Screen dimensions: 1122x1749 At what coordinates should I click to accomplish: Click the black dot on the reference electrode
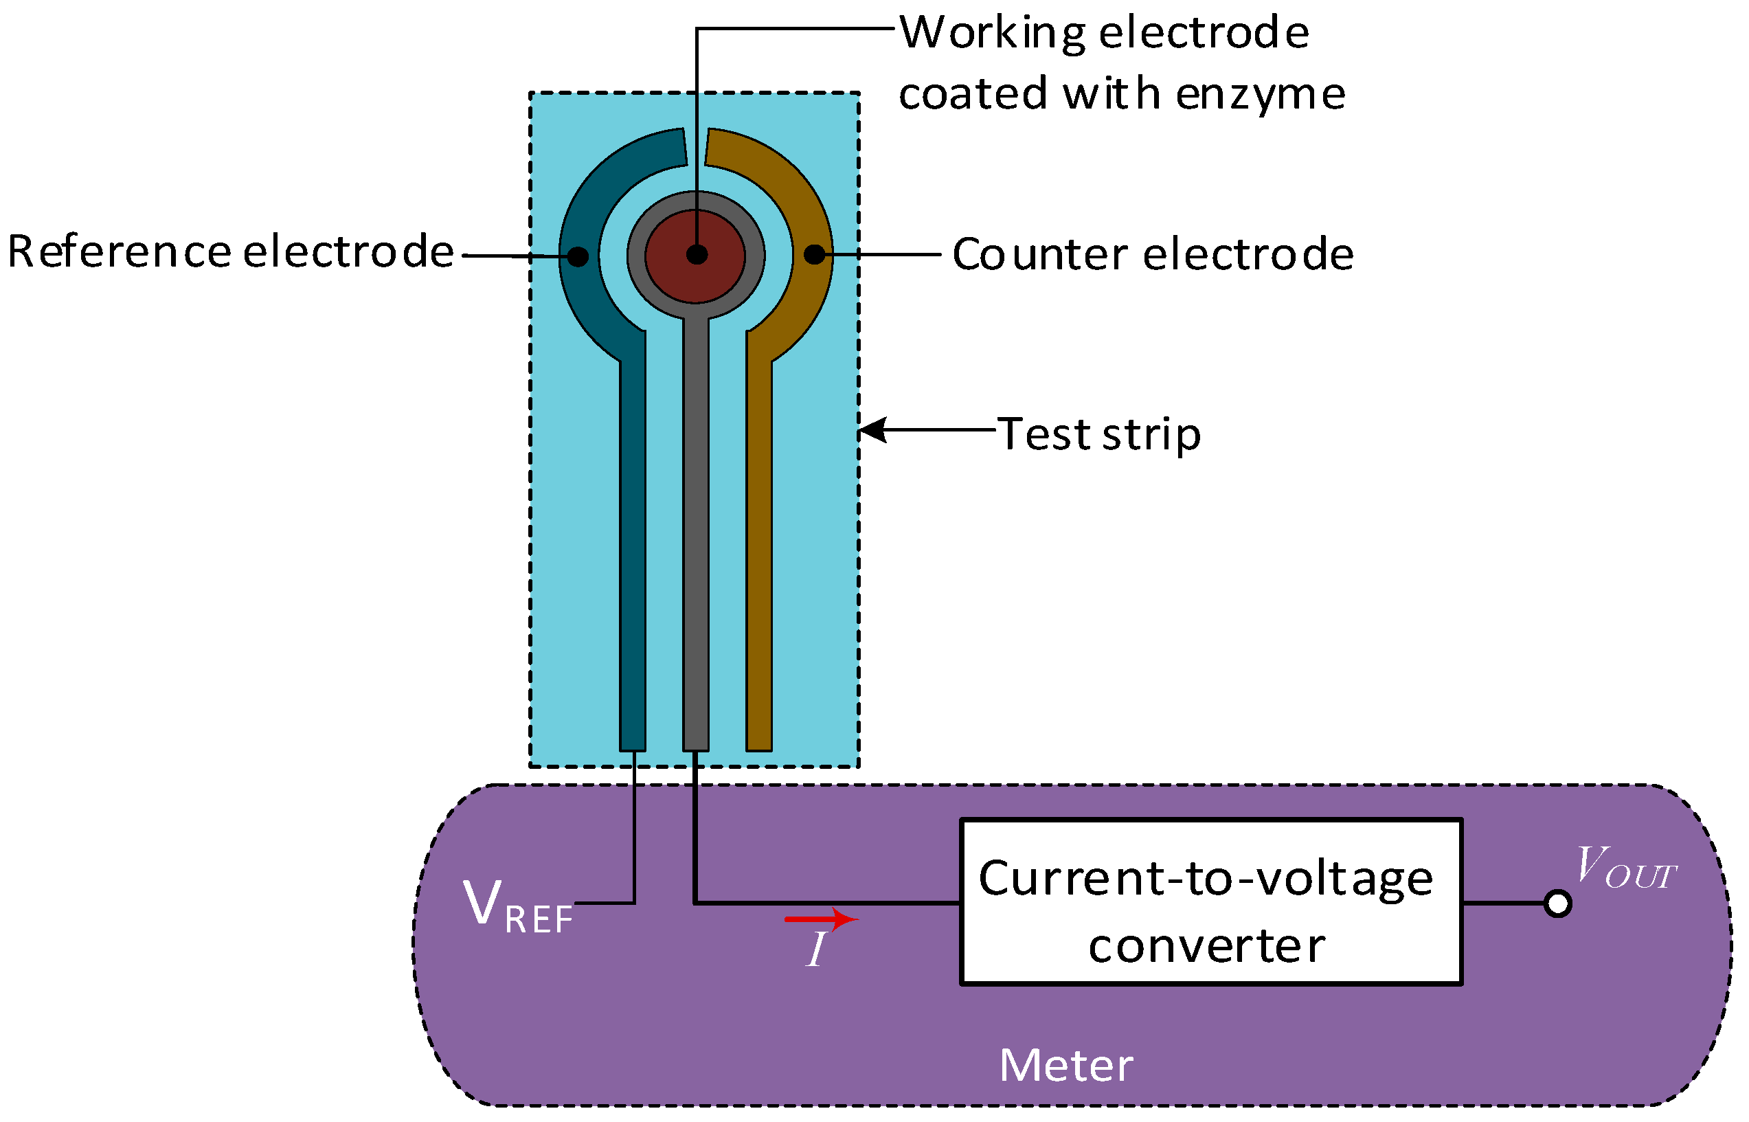click(x=578, y=256)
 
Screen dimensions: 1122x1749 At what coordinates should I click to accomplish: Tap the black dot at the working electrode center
click(x=697, y=255)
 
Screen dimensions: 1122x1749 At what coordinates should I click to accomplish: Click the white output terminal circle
click(x=1557, y=904)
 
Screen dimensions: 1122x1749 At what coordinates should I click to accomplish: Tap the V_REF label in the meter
click(x=518, y=906)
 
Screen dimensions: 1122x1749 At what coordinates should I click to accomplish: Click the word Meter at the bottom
click(x=1065, y=1066)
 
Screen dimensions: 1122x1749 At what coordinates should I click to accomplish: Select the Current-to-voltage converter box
click(x=1211, y=902)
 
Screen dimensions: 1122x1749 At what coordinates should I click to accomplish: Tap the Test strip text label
click(x=1098, y=435)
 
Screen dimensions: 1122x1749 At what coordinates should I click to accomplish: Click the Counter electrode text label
click(x=1153, y=254)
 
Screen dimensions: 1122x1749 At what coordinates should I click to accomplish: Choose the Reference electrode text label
click(x=231, y=252)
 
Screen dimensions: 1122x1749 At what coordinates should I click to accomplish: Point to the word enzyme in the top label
click(x=1260, y=95)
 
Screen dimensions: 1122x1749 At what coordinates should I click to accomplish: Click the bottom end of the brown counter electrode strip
click(x=759, y=743)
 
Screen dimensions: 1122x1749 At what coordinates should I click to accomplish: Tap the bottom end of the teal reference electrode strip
click(x=632, y=743)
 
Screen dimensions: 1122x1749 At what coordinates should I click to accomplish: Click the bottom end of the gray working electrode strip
click(x=696, y=743)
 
